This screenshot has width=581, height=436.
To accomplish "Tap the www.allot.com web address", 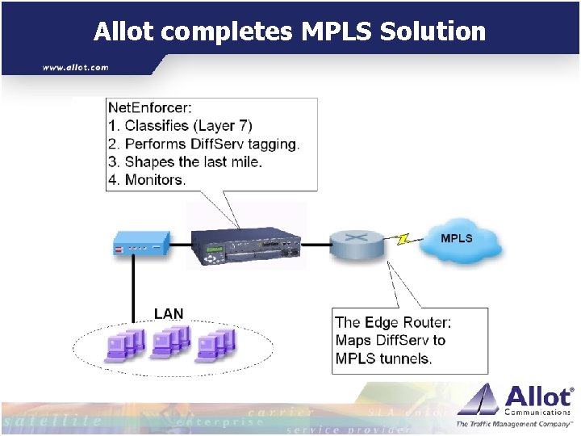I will click(x=76, y=68).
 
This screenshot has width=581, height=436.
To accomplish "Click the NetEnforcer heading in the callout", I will click(x=149, y=108).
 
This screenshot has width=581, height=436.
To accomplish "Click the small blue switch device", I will click(x=141, y=243).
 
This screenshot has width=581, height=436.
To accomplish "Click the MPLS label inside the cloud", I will click(x=457, y=238).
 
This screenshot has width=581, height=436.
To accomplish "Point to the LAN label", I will click(x=169, y=314).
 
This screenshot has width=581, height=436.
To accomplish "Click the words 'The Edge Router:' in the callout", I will click(x=393, y=323).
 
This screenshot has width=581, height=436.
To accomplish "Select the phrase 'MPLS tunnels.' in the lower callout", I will click(x=384, y=358).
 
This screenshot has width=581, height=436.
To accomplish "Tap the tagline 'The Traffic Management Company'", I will click(x=513, y=424).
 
